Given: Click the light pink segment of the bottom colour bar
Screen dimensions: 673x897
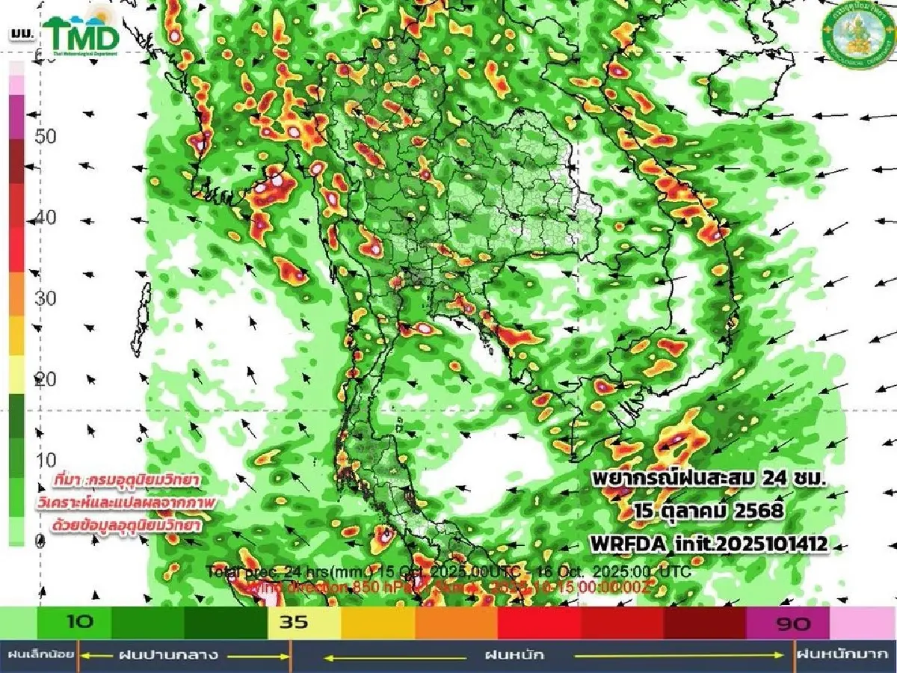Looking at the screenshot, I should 862,623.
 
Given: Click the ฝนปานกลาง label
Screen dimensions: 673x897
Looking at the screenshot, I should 169,656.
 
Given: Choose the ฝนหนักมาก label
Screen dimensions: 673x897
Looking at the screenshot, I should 845,656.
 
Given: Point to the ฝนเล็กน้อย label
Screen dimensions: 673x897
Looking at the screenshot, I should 40,656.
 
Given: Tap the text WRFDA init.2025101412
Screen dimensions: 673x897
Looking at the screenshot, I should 709,544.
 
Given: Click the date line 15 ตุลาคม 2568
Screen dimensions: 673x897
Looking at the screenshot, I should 708,511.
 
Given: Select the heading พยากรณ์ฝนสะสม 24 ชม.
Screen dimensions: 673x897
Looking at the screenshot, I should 708,479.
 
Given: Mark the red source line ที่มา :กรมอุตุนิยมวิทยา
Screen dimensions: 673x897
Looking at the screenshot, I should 132,479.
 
